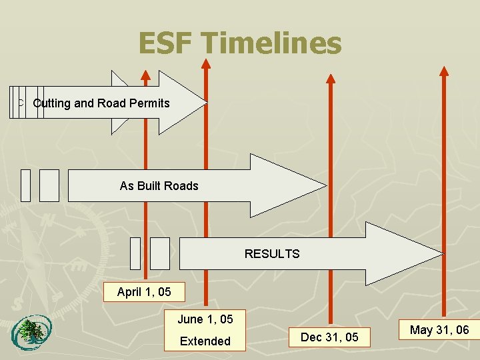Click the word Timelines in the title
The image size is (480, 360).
(x=273, y=44)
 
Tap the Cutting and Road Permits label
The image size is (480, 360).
(x=101, y=103)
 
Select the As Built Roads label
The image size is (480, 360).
(x=159, y=186)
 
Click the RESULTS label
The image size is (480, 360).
(x=272, y=254)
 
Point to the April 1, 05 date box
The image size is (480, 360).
(x=144, y=292)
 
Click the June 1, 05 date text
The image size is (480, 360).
(x=205, y=319)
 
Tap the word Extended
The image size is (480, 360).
(x=205, y=341)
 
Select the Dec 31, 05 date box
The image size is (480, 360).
(x=329, y=337)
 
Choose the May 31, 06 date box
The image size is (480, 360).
(x=439, y=330)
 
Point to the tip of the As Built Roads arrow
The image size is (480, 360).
(x=325, y=186)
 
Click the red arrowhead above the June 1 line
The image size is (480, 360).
(x=206, y=64)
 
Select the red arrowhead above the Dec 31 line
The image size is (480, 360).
(x=330, y=77)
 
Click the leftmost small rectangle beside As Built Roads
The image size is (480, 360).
(x=25, y=185)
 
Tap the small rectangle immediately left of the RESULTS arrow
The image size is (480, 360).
(x=160, y=253)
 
